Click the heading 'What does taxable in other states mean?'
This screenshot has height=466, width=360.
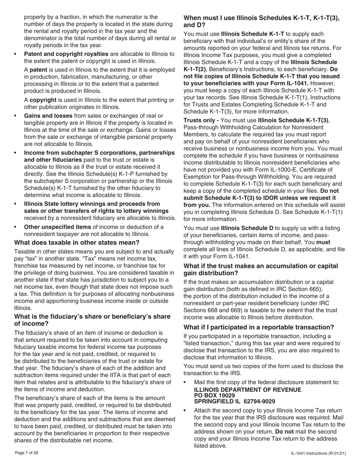[77, 242]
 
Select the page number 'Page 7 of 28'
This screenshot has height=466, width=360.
[26, 453]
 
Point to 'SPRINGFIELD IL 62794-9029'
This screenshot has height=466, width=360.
[234, 401]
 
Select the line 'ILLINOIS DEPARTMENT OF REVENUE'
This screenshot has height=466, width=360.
[247, 389]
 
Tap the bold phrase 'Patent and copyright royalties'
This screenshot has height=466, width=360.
[66, 54]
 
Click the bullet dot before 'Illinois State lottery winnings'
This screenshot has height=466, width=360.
[16, 204]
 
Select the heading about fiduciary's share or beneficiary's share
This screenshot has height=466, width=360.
[92, 320]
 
